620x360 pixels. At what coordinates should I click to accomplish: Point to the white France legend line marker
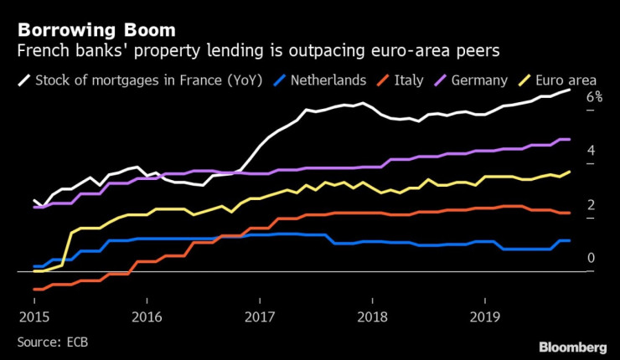(x=24, y=81)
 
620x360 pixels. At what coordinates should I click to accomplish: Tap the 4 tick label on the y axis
(x=591, y=151)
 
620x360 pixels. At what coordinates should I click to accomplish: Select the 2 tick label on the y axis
(x=591, y=205)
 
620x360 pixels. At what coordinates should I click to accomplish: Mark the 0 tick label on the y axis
(x=591, y=258)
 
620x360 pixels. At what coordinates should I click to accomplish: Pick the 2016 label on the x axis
(x=147, y=318)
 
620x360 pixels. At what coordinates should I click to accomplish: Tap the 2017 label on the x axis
(x=260, y=318)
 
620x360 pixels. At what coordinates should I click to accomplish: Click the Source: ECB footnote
(x=53, y=342)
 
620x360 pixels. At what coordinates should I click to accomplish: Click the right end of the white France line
(x=571, y=90)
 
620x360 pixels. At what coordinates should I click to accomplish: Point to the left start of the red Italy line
(x=34, y=289)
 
